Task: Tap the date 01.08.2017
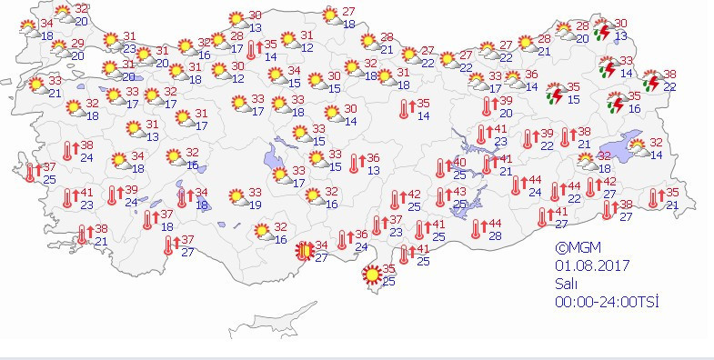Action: [x=591, y=265]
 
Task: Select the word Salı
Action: [x=568, y=284]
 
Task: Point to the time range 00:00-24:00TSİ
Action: [x=607, y=302]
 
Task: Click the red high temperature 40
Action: [x=460, y=162]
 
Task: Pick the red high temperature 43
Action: [x=460, y=192]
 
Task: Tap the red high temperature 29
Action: [x=77, y=44]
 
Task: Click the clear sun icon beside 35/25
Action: [x=371, y=274]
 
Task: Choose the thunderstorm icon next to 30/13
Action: [x=601, y=32]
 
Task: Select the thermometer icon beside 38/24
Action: [x=68, y=151]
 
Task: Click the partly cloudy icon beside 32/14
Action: [x=637, y=147]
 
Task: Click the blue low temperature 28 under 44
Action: [x=497, y=236]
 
